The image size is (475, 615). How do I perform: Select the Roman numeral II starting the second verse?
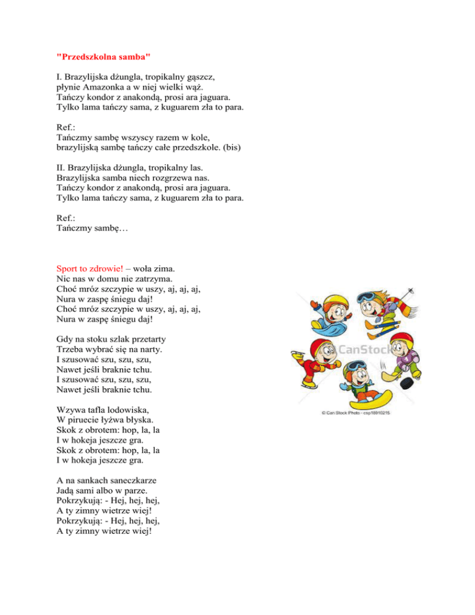tap(59, 168)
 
